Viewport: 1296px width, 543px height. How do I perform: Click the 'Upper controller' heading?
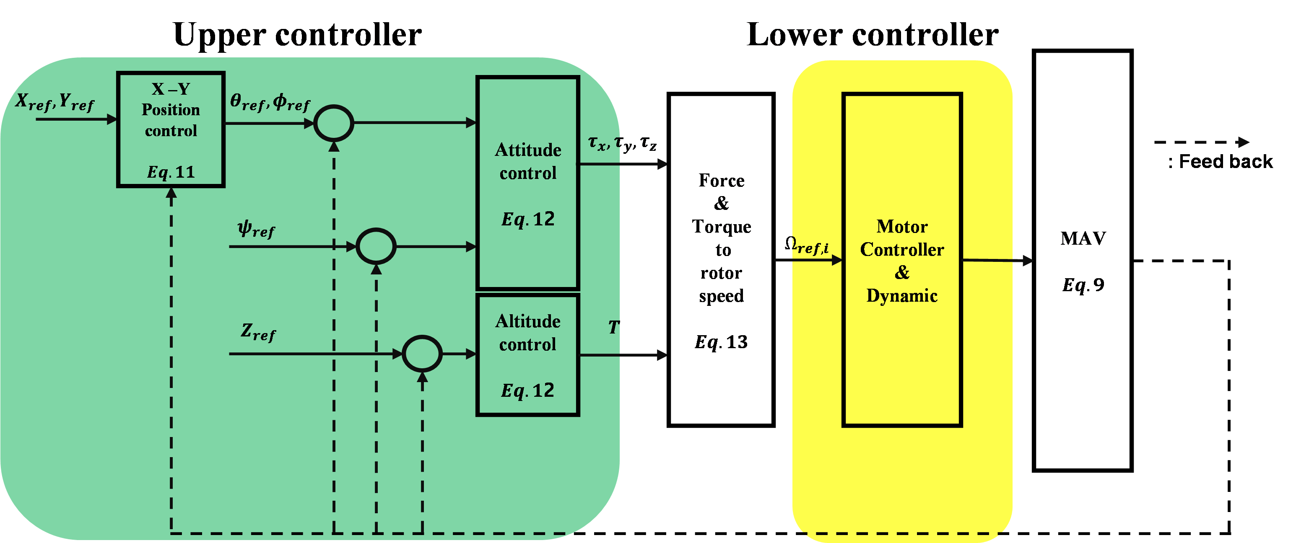pyautogui.click(x=297, y=35)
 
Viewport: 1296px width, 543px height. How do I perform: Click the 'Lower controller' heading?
pyautogui.click(x=873, y=35)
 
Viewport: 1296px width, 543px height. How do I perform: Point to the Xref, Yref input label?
pyautogui.click(x=55, y=103)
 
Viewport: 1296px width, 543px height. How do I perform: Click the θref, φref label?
pyautogui.click(x=270, y=102)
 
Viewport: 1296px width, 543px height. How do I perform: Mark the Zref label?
pyautogui.click(x=259, y=332)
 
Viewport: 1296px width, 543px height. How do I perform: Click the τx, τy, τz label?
pyautogui.click(x=622, y=143)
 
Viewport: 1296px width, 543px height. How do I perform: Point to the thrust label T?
pyautogui.click(x=614, y=327)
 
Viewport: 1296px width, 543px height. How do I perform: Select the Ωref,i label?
pyautogui.click(x=806, y=246)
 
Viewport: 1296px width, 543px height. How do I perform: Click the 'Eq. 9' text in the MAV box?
pyautogui.click(x=1083, y=285)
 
